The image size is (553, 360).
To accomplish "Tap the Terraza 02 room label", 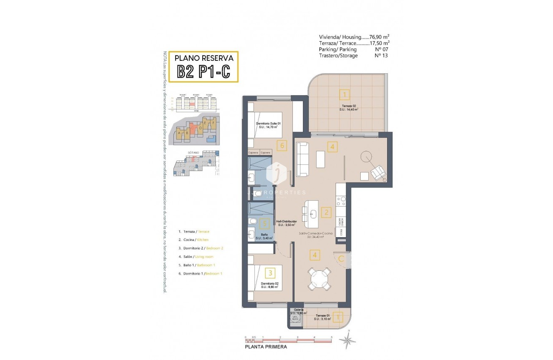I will pos(349,108).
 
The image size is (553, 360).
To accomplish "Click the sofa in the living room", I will pos(302,159).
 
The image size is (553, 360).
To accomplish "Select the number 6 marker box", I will pos(282,145).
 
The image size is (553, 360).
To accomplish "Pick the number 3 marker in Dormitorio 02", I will pos(271,273).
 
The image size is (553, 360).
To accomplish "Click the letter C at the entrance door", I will pos(341,259).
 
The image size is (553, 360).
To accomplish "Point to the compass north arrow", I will pos(348,339).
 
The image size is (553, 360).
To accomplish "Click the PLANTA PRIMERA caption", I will pos(266,347).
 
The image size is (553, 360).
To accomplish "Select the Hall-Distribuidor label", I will pos(287,223).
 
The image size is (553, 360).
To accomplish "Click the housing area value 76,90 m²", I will pos(380,37).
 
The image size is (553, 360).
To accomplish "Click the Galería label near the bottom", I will pos(298,310).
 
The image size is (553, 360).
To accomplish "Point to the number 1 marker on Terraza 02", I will pos(344,94).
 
